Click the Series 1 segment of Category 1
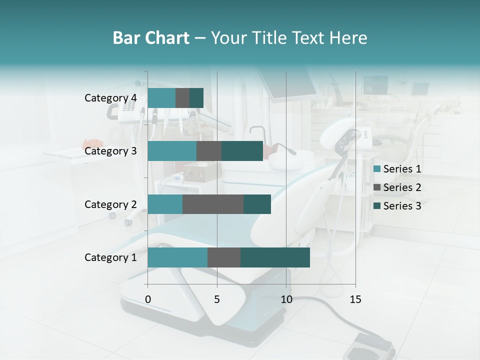coord(177,257)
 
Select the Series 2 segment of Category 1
coord(224,257)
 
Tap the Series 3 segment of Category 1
coord(275,257)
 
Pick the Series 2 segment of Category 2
coord(213,204)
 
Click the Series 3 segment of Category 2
coord(257,204)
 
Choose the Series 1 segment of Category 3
coord(172,151)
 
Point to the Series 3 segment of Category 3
coord(242,151)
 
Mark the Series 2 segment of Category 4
coord(182,98)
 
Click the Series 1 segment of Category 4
coord(161,98)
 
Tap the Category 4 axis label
coord(110,98)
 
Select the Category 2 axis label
coord(110,204)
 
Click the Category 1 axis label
coord(110,257)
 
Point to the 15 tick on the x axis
coord(355,299)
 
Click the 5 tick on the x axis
coord(217,299)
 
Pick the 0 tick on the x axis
coord(148,299)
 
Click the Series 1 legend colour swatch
coord(377,169)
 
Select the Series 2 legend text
coord(402,187)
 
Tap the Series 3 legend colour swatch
coord(377,206)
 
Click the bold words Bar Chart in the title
coord(151,38)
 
